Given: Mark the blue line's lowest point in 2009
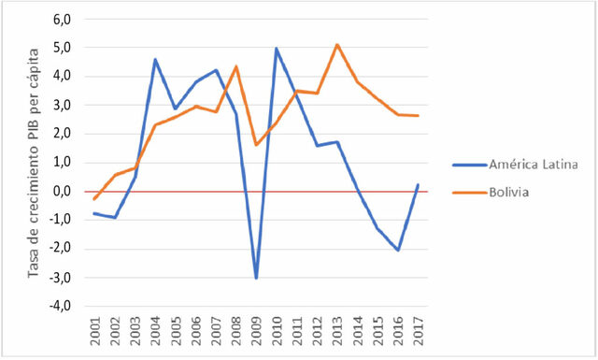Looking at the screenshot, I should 256,278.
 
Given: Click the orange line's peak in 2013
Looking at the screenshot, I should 336,44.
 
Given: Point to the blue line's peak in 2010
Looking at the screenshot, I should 277,49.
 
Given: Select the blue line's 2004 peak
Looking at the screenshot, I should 155,59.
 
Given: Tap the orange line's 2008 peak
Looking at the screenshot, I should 236,65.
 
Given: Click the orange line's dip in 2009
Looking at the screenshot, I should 256,144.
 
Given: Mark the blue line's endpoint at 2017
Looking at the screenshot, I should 417,184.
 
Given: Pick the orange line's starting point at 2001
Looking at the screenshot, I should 94,199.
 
